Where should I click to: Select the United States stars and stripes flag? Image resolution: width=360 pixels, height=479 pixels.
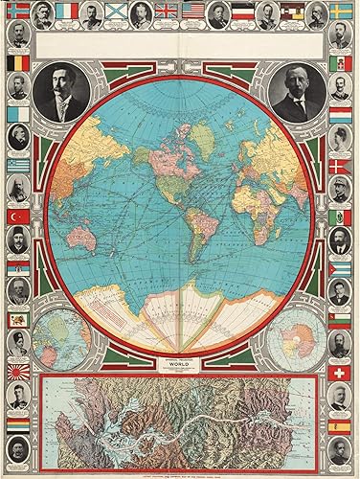pyautogui.click(x=193, y=12)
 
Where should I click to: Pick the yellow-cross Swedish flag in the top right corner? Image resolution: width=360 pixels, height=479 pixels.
pyautogui.click(x=341, y=12)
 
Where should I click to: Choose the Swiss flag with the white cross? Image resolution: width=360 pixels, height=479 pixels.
pyautogui.click(x=341, y=371)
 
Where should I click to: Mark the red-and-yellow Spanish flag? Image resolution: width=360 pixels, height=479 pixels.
pyautogui.click(x=341, y=422)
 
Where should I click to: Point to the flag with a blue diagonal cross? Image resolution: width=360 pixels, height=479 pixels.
pyautogui.click(x=115, y=12)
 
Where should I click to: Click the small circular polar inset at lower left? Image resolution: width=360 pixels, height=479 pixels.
pyautogui.click(x=62, y=337)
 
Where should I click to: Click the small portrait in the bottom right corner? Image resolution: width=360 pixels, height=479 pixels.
pyautogui.click(x=341, y=450)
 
